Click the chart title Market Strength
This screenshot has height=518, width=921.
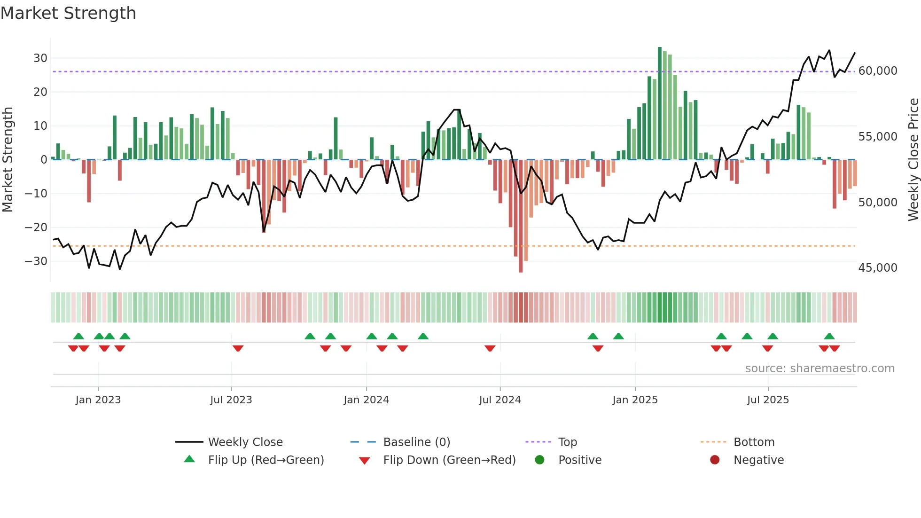(68, 13)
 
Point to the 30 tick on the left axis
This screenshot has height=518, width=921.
(40, 58)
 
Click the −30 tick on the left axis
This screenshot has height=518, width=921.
(36, 261)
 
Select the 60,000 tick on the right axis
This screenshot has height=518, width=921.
(877, 71)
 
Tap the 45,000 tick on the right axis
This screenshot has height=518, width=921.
(877, 268)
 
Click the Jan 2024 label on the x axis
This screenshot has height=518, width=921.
(366, 400)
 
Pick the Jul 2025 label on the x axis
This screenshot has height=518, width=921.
(768, 400)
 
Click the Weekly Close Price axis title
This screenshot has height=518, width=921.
(913, 160)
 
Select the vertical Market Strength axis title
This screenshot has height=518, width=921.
(8, 160)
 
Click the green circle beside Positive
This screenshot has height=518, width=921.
(539, 460)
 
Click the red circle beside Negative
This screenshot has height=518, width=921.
(715, 460)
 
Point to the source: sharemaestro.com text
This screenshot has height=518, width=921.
(820, 369)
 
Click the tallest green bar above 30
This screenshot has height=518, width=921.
(659, 103)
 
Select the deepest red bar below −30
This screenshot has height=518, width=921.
(521, 216)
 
